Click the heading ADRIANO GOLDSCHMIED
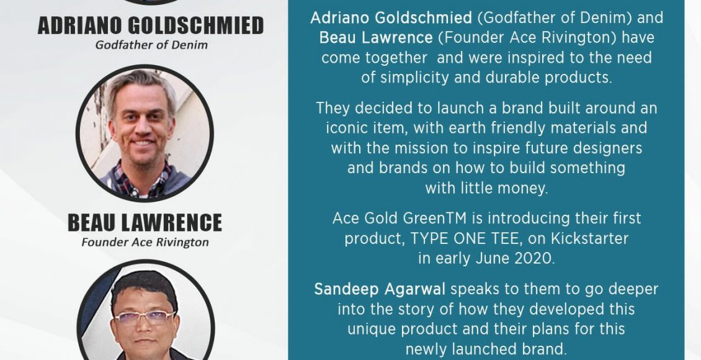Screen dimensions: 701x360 coord(151,26)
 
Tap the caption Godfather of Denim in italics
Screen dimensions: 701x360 coord(151,45)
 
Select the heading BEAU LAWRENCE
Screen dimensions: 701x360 coord(145,223)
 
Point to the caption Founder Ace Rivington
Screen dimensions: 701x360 coord(145,242)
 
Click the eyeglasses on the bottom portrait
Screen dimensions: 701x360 coord(144,318)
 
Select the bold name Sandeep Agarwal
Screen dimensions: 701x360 coord(380,289)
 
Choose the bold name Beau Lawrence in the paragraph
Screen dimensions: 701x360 coord(376,38)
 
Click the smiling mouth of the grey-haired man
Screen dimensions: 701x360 coord(143,143)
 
